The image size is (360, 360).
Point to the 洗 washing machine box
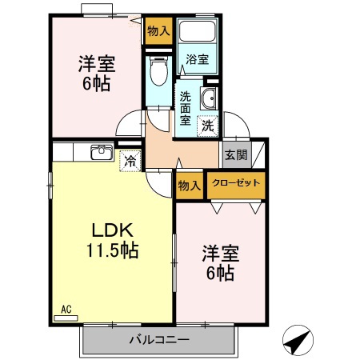[207, 124]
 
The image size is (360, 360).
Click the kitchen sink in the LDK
[102, 153]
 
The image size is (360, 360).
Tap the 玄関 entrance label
[234, 155]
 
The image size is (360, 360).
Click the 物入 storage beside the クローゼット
[190, 185]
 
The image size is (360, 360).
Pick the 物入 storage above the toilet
[158, 31]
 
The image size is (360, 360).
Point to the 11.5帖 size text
[112, 250]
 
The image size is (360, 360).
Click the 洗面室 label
[186, 107]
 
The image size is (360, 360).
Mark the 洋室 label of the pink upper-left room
[94, 62]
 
